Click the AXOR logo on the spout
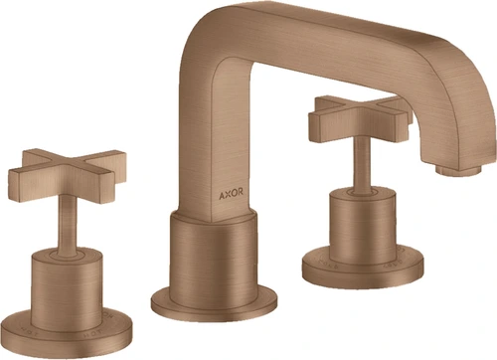pos(231,194)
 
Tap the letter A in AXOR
pos(222,195)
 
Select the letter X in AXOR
pos(228,195)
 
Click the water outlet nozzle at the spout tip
pos(458,170)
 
